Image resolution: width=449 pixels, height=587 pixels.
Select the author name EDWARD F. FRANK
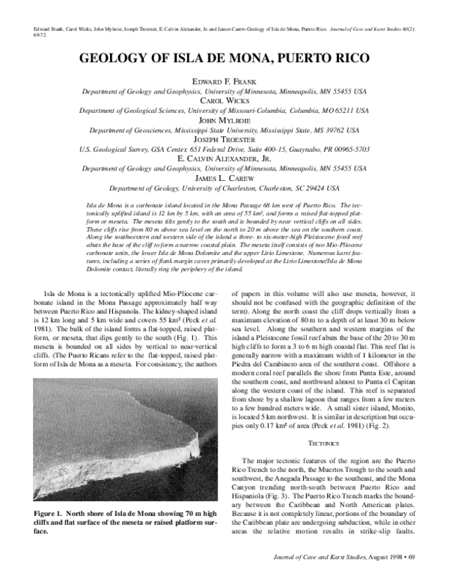coord(224,81)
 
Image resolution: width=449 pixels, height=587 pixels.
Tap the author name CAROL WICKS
coord(224,99)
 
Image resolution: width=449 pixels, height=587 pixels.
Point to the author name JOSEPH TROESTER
coord(224,139)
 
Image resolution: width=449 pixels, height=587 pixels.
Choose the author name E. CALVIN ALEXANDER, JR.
coord(224,159)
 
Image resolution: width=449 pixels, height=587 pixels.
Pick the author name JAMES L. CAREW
coord(224,178)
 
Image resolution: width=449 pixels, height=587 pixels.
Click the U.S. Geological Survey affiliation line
coord(224,149)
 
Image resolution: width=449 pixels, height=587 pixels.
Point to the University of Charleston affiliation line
coord(224,188)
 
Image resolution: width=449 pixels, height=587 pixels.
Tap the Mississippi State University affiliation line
coord(224,129)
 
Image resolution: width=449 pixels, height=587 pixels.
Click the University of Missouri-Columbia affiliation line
coord(224,110)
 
